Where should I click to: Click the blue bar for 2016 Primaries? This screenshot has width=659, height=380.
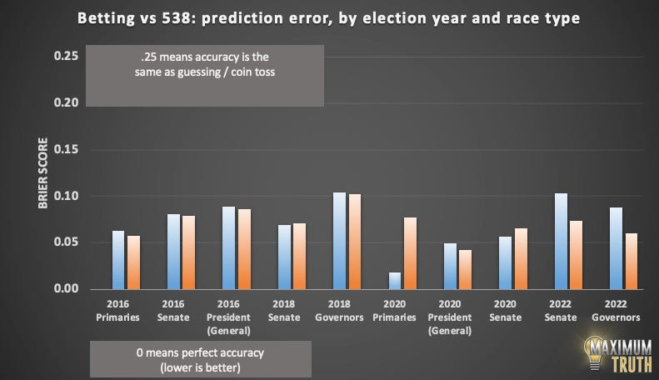(118, 260)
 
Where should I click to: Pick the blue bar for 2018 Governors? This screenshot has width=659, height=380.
(338, 241)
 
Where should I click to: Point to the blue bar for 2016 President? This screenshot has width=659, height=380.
(228, 248)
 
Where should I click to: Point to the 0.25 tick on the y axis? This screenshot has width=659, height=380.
(66, 56)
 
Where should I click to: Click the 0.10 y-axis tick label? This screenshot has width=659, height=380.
(66, 196)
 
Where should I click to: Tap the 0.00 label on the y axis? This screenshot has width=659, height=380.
(66, 289)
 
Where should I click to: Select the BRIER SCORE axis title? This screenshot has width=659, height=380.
(42, 174)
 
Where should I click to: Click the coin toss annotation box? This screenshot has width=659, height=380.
(204, 75)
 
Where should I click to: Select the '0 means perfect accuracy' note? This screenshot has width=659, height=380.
(200, 358)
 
